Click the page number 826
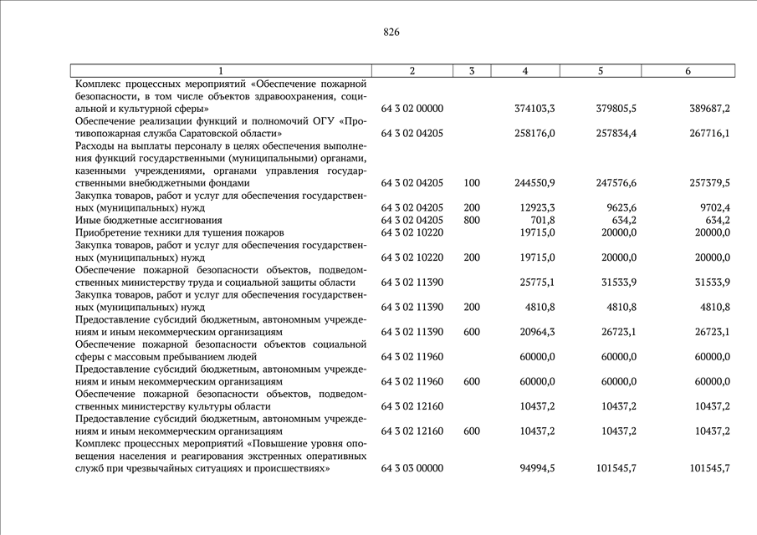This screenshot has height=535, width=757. [x=391, y=33]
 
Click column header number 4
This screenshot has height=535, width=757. [x=524, y=71]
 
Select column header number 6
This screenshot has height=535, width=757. [x=688, y=71]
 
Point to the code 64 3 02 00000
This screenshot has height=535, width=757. [x=412, y=109]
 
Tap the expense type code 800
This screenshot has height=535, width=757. [x=472, y=220]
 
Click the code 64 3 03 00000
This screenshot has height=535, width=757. [x=412, y=468]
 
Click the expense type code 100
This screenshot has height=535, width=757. [x=472, y=182]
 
